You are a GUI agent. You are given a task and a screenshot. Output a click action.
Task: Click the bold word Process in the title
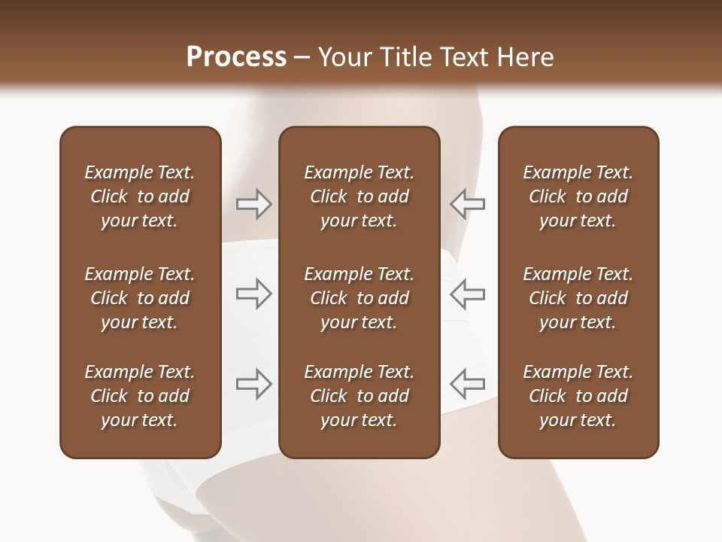(x=236, y=57)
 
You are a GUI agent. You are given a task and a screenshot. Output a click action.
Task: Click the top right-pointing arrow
(x=254, y=204)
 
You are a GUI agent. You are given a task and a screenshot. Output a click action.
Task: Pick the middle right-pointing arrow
(x=254, y=294)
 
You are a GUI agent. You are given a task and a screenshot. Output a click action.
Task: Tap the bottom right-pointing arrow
(x=254, y=384)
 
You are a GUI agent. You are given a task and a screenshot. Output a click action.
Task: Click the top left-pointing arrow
(x=467, y=204)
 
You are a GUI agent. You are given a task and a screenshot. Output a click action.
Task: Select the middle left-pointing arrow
(x=467, y=294)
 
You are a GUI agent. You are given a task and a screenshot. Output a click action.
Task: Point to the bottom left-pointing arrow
(x=467, y=384)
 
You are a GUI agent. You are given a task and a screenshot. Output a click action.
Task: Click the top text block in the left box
(x=140, y=196)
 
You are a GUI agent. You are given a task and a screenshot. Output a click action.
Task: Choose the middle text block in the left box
(x=140, y=298)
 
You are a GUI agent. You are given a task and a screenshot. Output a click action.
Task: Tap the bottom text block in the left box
(x=140, y=396)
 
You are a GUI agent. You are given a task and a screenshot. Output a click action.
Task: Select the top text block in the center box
(x=359, y=196)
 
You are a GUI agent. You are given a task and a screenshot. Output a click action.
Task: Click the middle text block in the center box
(x=359, y=298)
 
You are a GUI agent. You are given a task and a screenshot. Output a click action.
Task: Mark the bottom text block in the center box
(x=359, y=396)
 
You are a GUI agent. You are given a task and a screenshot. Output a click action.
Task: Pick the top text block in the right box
(x=578, y=196)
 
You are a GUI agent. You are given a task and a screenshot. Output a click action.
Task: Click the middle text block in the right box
(x=578, y=298)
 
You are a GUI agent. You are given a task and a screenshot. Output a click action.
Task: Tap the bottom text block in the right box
(x=578, y=396)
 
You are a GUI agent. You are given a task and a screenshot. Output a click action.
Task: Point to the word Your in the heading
(x=346, y=57)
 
